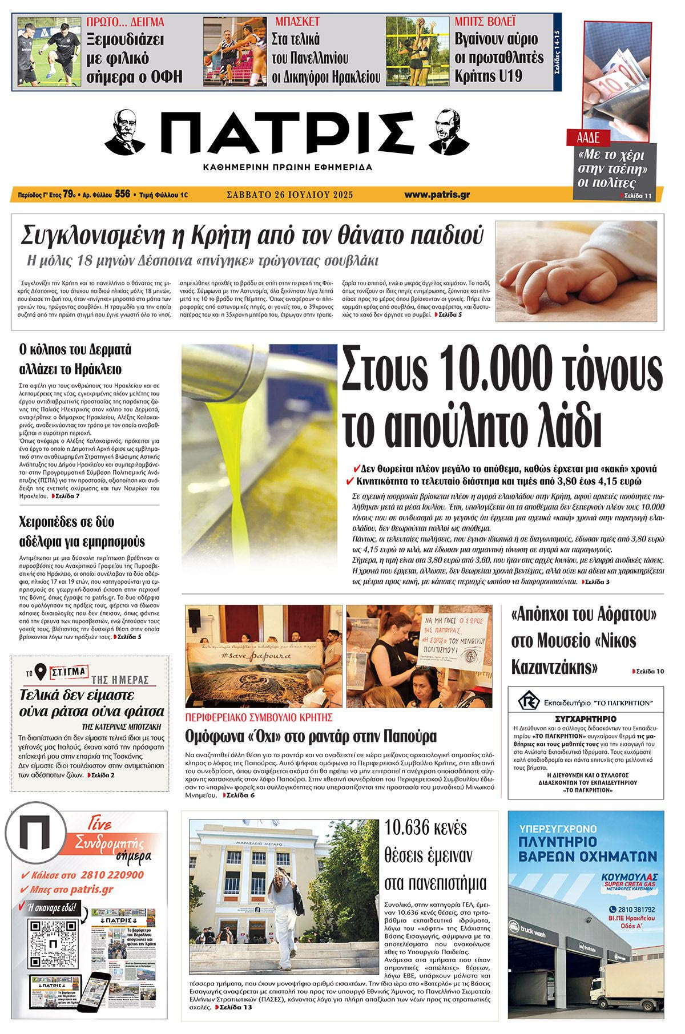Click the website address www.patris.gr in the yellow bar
click(437, 195)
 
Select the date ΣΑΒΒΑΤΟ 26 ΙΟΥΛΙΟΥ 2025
click(289, 195)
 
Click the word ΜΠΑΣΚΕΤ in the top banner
click(297, 22)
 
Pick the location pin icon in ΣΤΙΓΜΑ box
click(41, 673)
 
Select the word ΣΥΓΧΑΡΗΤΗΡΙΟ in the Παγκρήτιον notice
click(585, 719)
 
